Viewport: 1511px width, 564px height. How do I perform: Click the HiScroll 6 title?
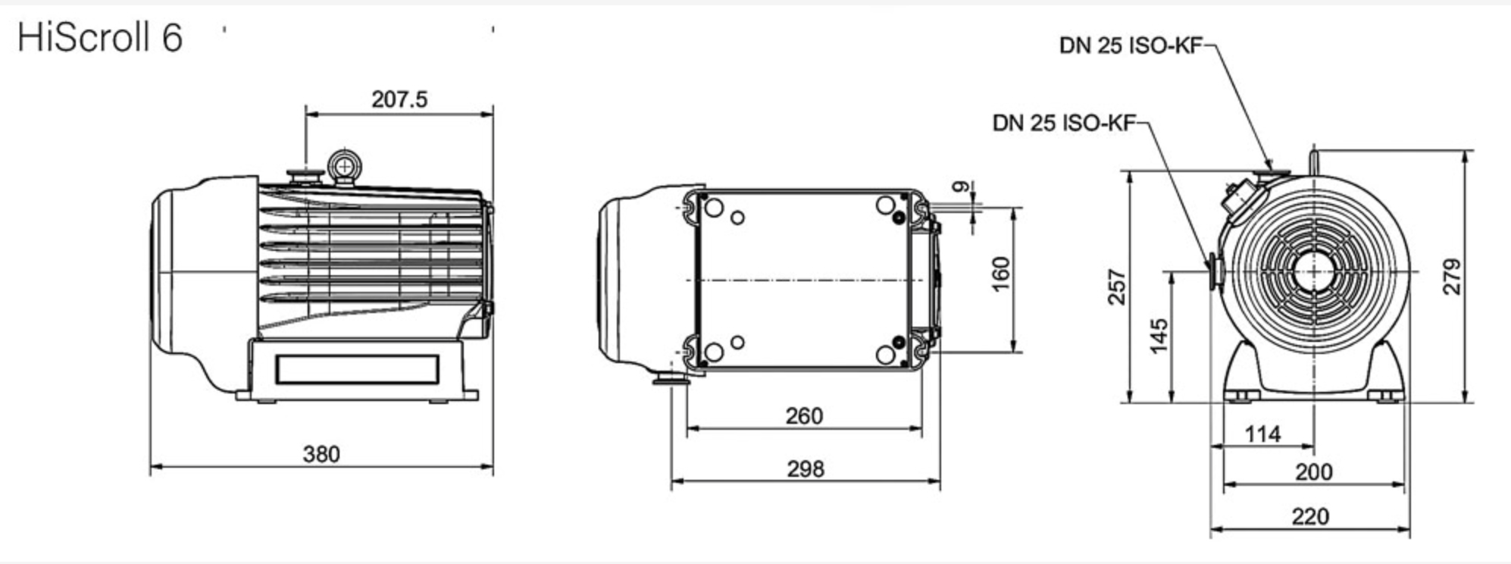click(100, 37)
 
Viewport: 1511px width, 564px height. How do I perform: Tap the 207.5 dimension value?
click(399, 99)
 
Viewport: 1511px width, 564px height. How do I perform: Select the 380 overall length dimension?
click(321, 454)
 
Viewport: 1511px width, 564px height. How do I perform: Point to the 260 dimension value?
click(804, 415)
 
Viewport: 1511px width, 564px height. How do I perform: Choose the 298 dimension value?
click(805, 468)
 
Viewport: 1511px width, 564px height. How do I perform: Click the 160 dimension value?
click(1000, 274)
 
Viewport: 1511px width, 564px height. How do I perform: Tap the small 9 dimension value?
click(961, 186)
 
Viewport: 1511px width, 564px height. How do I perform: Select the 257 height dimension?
click(1118, 287)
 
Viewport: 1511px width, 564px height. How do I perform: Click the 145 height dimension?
click(1159, 336)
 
